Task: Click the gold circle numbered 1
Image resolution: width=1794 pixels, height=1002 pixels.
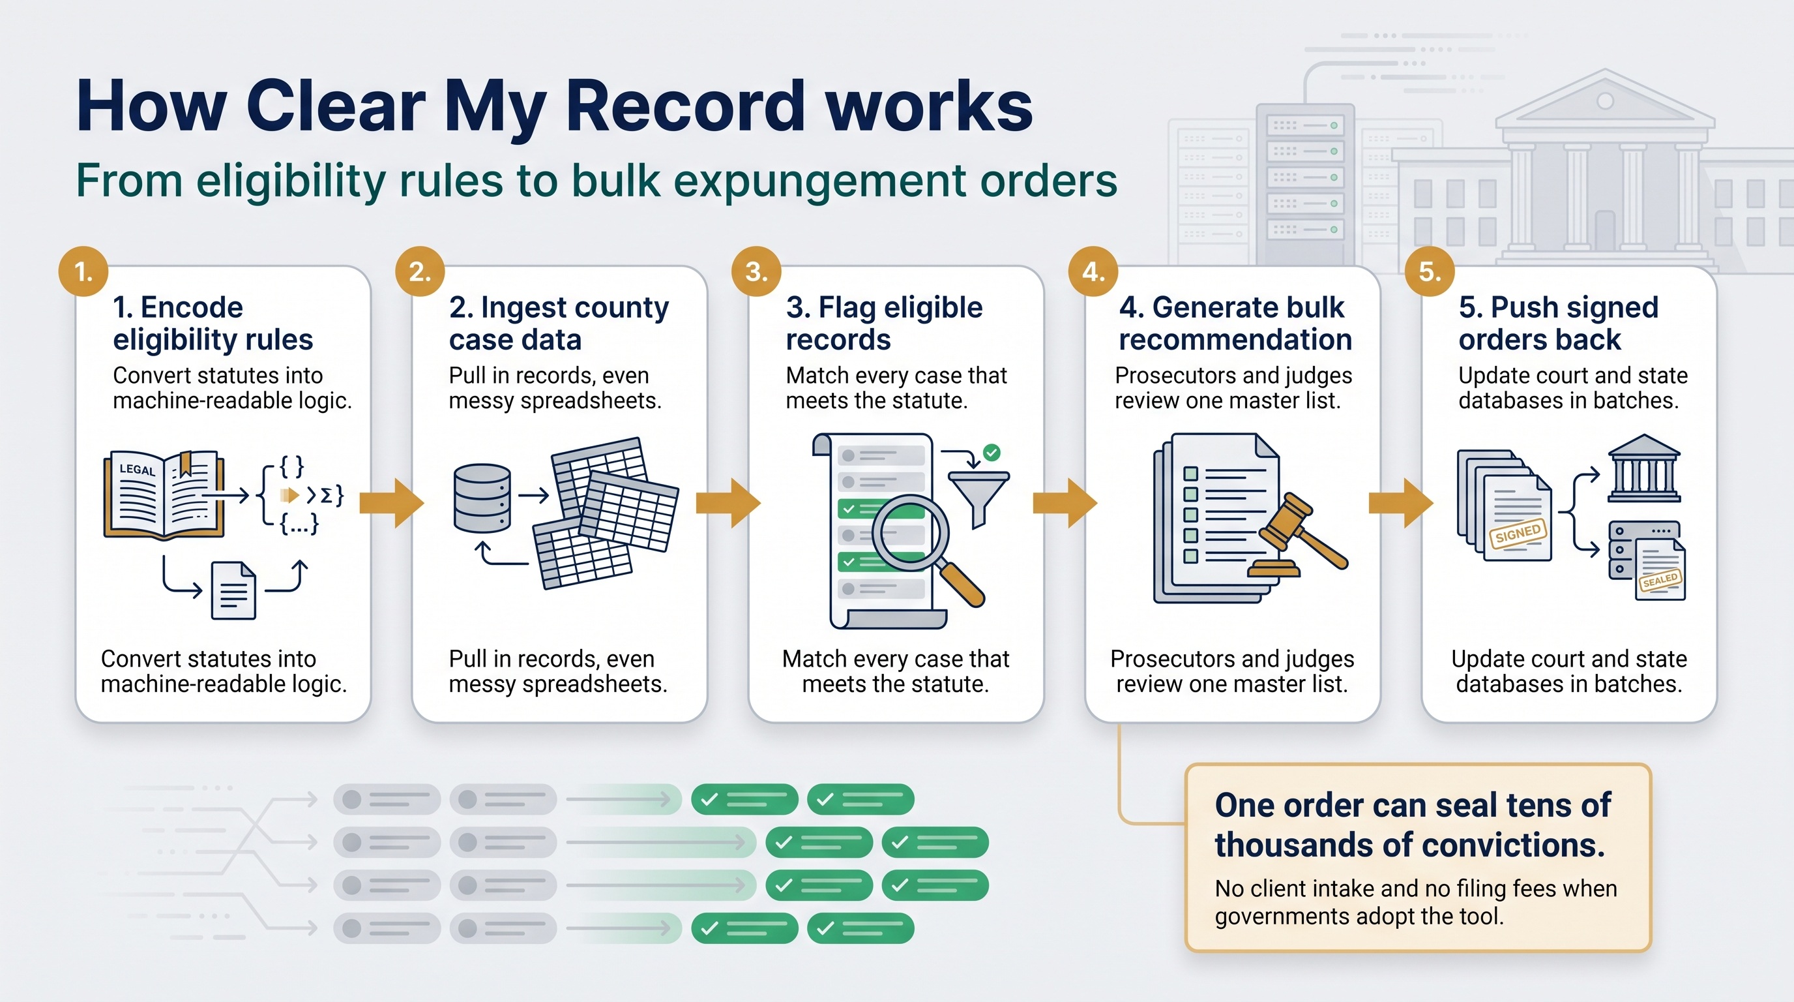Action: point(83,271)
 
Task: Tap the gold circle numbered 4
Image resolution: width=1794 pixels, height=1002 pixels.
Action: point(1093,271)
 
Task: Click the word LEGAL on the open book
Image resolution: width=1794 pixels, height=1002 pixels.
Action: point(137,470)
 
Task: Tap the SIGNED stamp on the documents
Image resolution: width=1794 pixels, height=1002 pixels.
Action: point(1518,534)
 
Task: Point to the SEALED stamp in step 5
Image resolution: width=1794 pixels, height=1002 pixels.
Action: point(1660,580)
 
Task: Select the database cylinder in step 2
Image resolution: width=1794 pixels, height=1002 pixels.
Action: point(482,498)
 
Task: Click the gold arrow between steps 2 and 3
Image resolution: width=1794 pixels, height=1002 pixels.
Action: point(728,502)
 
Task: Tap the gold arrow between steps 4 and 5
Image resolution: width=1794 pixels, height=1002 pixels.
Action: point(1400,502)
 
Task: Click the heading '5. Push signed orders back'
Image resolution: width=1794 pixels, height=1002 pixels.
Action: point(1559,324)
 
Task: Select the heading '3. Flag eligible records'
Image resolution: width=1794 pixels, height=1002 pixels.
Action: point(884,324)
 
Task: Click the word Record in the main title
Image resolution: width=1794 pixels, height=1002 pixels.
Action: point(685,106)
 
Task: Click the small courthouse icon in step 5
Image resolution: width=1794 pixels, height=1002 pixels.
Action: point(1644,468)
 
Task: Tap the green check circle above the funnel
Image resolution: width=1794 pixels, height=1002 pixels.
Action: point(992,453)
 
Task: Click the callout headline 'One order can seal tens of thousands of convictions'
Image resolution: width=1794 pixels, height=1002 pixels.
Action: point(1413,825)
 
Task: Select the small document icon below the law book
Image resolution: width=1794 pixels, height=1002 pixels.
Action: point(233,591)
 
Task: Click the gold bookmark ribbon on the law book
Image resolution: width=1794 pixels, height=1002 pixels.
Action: point(185,463)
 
